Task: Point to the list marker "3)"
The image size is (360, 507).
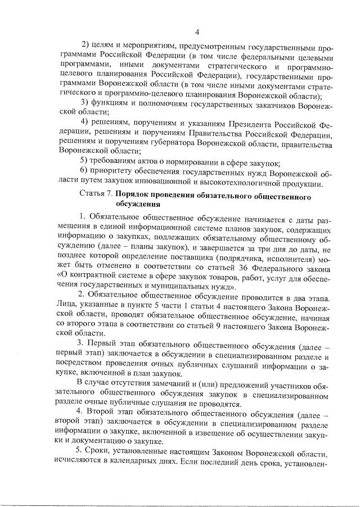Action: pos(85,102)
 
